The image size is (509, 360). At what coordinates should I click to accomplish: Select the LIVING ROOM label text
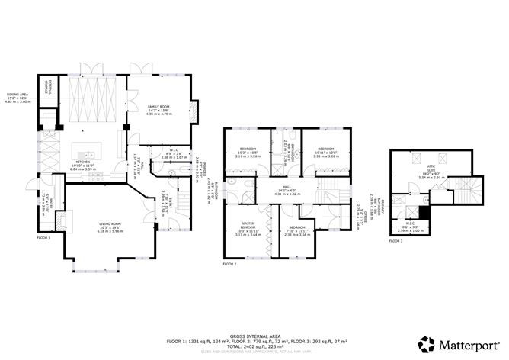click(110, 227)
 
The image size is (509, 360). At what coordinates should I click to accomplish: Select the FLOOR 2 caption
click(229, 263)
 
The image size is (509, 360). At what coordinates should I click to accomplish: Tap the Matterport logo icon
click(427, 344)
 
